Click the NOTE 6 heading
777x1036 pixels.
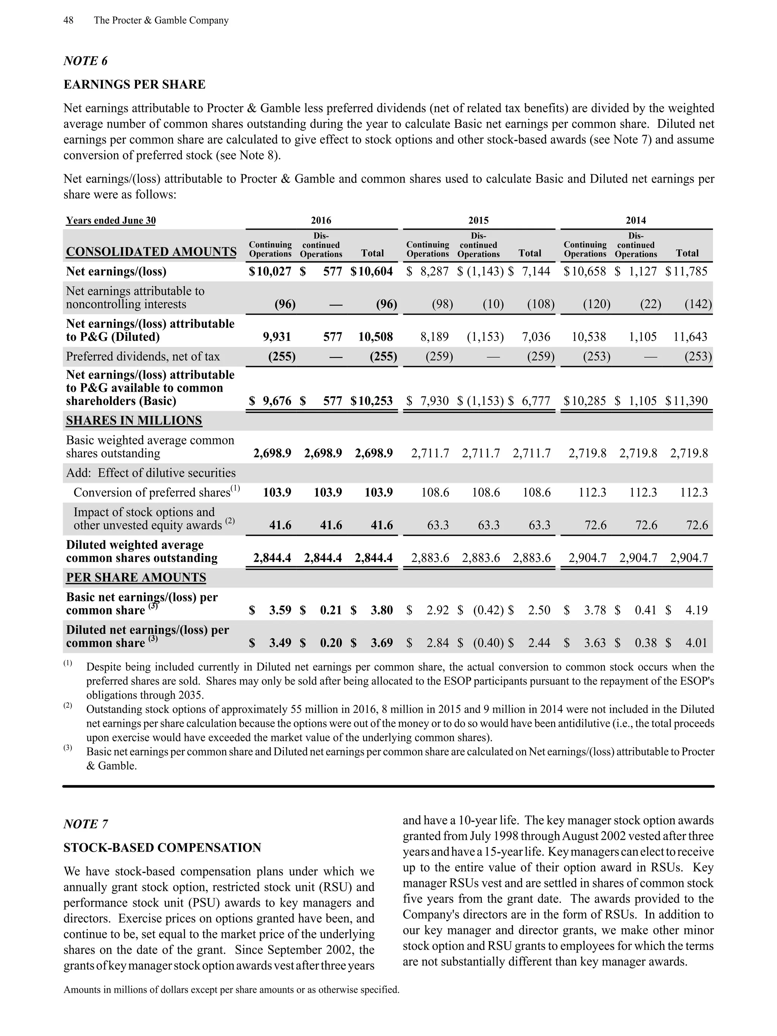point(85,61)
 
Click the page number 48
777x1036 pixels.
point(68,20)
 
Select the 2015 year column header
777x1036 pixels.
point(478,220)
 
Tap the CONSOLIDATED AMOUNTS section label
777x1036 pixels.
point(151,252)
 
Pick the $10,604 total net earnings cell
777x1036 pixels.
point(372,272)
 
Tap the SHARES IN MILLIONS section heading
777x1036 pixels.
point(134,420)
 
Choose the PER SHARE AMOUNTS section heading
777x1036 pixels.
point(136,578)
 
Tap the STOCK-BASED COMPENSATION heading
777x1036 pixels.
point(162,848)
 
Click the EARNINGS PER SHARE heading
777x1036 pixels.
point(134,84)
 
